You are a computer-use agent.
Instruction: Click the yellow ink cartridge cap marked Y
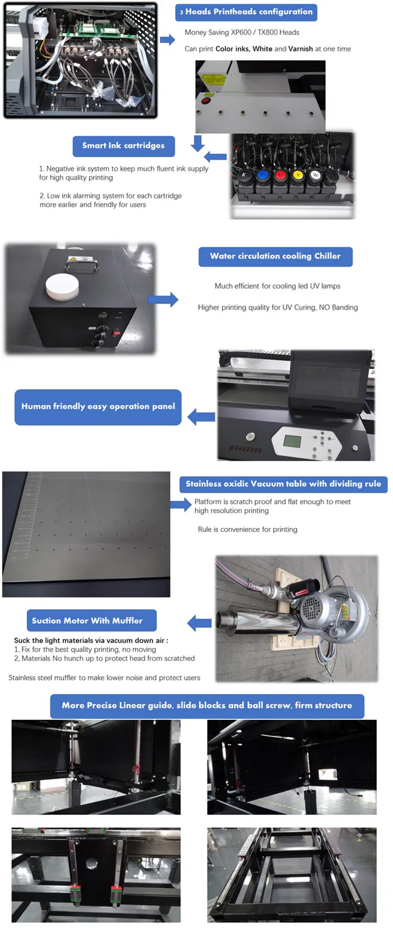point(297,175)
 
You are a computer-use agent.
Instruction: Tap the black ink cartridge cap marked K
point(244,175)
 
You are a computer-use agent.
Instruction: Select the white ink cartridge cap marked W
point(315,175)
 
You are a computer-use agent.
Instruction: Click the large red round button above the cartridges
point(206,100)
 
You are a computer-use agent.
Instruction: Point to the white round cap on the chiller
point(62,286)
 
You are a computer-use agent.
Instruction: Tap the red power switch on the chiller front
point(116,332)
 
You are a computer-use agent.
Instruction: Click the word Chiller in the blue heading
point(327,256)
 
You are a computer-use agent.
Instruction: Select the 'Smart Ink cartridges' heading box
point(123,146)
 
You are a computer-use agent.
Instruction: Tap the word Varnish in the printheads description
point(300,49)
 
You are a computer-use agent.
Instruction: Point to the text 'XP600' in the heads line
point(240,32)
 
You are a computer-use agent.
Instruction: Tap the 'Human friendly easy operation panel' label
point(98,407)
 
